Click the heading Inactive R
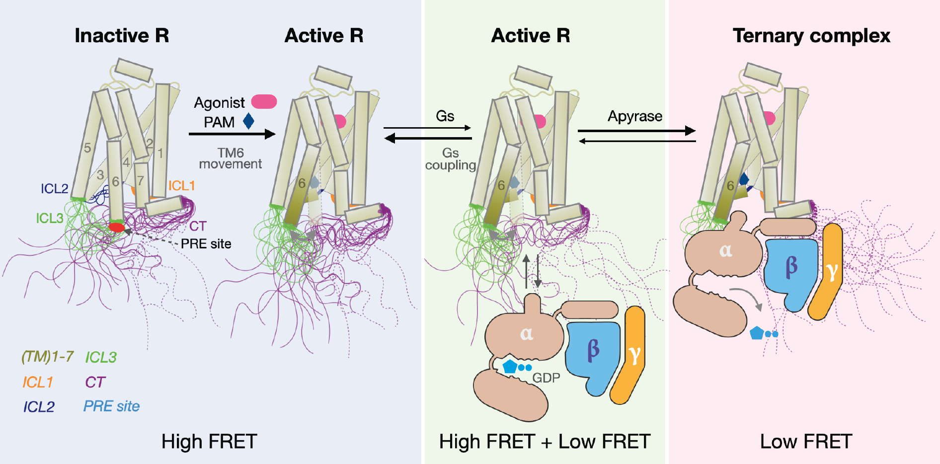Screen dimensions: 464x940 (122, 36)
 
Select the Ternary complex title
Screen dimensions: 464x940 (811, 36)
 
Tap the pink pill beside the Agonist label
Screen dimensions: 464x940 (264, 102)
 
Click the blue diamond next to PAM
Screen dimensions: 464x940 (248, 121)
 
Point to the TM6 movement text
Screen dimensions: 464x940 (231, 158)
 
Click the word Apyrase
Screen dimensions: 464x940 (635, 116)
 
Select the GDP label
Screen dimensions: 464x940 (546, 378)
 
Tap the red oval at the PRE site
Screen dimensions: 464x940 (117, 228)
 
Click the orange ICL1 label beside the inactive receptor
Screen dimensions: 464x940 (181, 186)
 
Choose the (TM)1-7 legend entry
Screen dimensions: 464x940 (47, 357)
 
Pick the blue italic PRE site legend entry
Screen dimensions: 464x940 (111, 406)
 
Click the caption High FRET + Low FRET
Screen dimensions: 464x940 (545, 442)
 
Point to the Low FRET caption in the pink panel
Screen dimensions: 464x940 (806, 442)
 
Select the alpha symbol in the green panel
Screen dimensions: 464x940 (527, 333)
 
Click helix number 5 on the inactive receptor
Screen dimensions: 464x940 (87, 148)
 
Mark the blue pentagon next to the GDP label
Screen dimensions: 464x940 (510, 367)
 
